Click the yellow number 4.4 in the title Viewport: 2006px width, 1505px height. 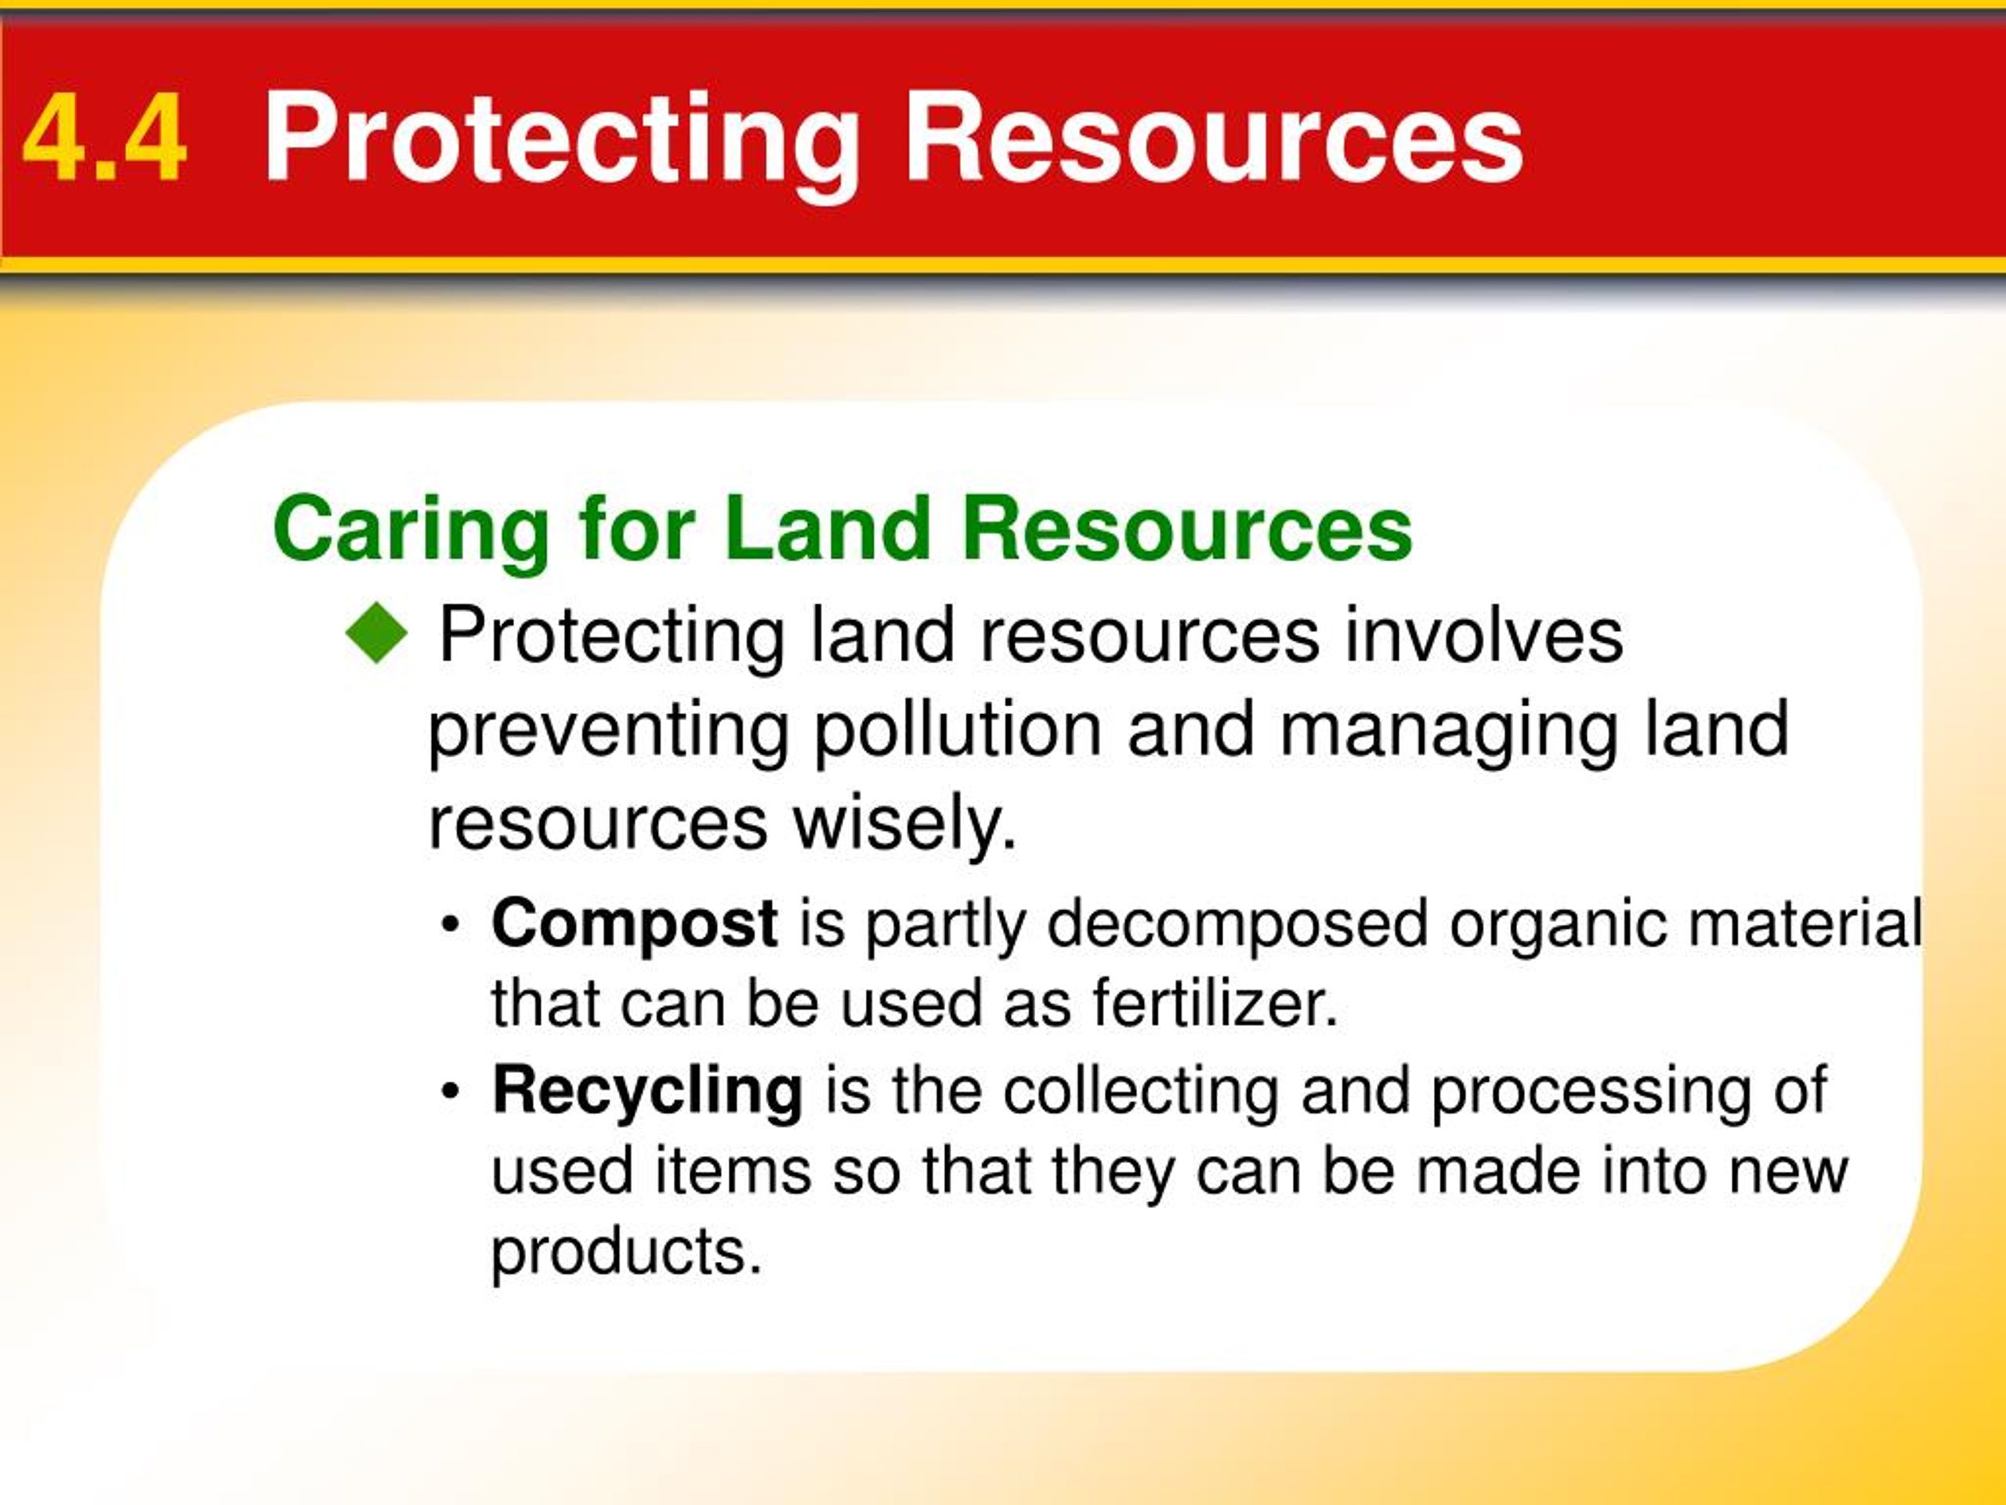tap(105, 140)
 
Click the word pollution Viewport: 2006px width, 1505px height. tap(958, 731)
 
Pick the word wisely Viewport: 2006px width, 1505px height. tap(905, 827)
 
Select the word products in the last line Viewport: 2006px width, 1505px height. tap(626, 1253)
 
